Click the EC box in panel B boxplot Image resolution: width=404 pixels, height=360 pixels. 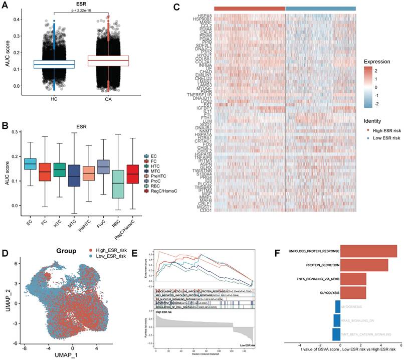[30, 163]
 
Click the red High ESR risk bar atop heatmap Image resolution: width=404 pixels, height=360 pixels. [249, 9]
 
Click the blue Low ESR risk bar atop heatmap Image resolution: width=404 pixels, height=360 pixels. [320, 9]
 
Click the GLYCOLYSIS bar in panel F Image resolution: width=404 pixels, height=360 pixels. [352, 292]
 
